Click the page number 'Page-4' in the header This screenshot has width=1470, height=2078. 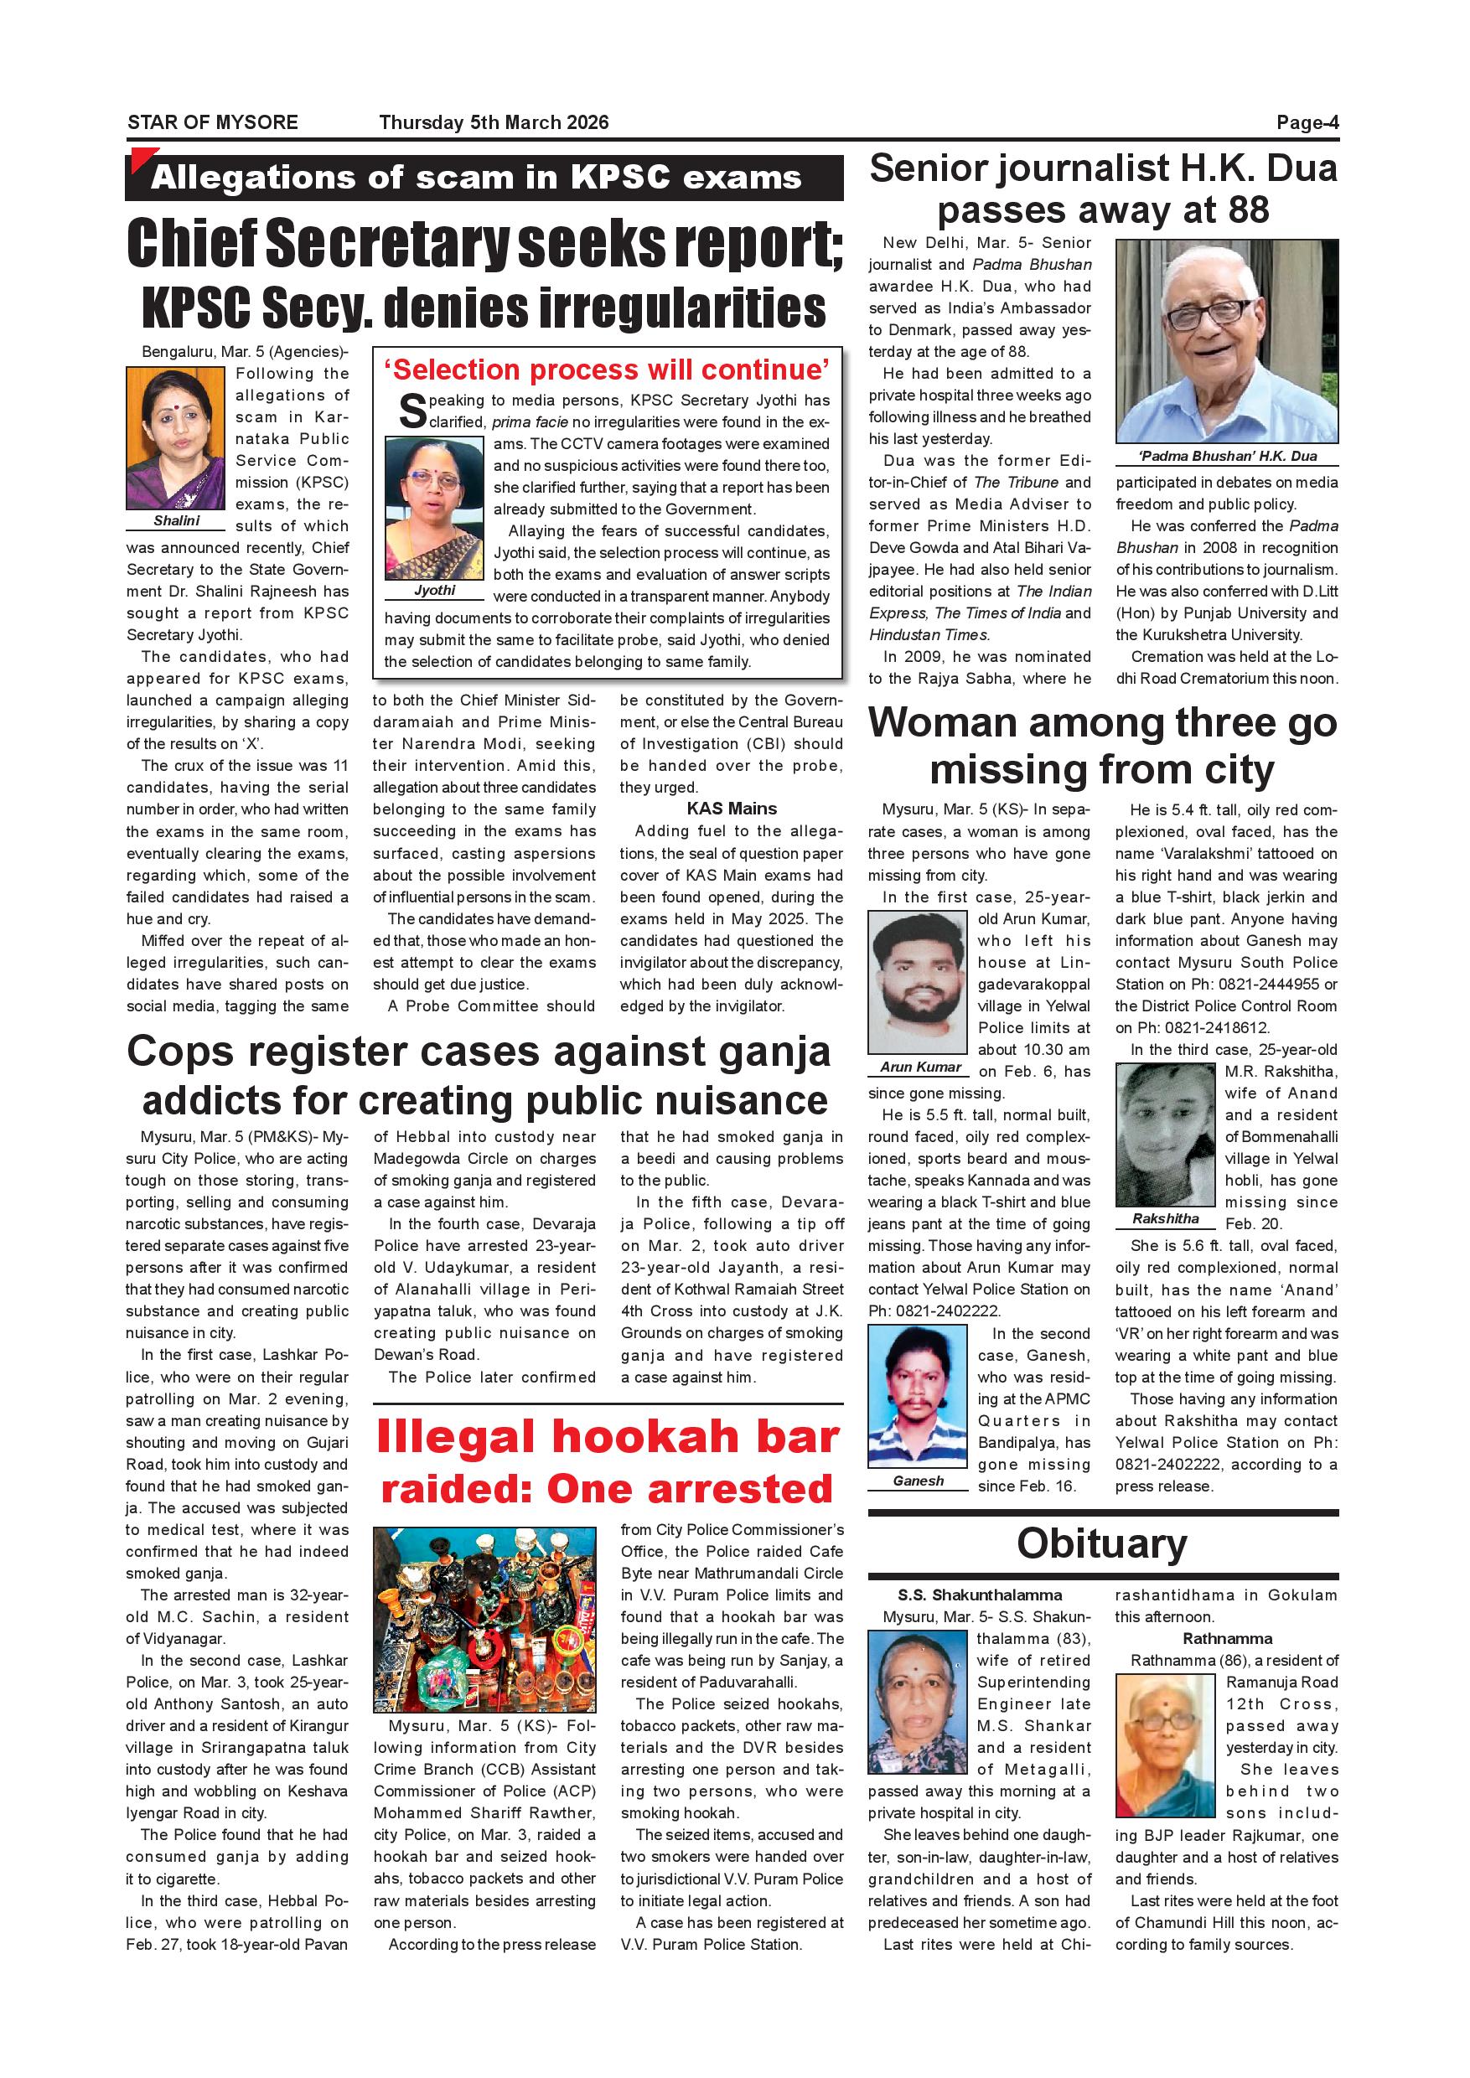(x=1307, y=123)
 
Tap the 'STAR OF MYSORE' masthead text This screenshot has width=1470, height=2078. (x=213, y=123)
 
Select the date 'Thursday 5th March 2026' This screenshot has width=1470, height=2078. (x=494, y=123)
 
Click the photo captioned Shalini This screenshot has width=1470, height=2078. (x=176, y=438)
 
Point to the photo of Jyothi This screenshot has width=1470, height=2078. (x=433, y=508)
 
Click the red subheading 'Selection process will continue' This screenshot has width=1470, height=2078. (x=607, y=370)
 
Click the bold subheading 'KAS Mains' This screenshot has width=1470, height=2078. (x=731, y=809)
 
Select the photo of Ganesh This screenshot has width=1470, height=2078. (x=918, y=1396)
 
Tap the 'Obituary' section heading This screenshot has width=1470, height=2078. (x=1101, y=1544)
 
